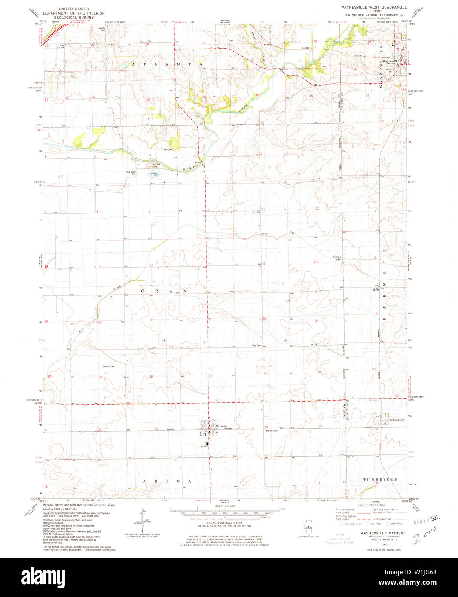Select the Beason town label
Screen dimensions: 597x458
click(222, 426)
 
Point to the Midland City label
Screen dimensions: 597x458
click(397, 420)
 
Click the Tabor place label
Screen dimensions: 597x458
click(376, 289)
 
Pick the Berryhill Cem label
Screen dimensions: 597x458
click(108, 366)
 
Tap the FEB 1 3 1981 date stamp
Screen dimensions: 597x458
click(428, 522)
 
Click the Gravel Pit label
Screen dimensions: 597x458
click(155, 174)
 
